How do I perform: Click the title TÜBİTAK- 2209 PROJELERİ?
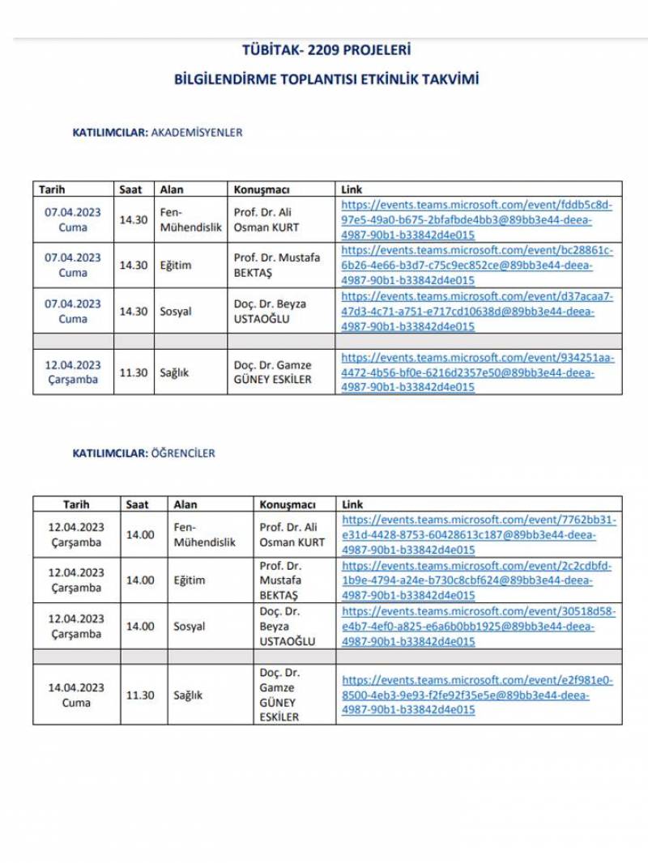click(x=326, y=50)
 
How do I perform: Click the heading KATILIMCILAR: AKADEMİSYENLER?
click(x=158, y=132)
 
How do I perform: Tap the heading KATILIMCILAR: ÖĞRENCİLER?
click(x=144, y=453)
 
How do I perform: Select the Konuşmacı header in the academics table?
click(x=261, y=189)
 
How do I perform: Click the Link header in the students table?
click(x=353, y=504)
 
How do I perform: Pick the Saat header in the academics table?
click(x=130, y=189)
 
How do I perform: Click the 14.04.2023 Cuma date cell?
click(x=76, y=695)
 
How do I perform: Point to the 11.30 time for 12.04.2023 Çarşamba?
click(x=134, y=373)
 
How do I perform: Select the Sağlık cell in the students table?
click(x=188, y=695)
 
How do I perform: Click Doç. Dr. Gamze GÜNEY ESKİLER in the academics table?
click(x=272, y=372)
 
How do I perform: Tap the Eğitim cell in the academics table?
click(x=176, y=265)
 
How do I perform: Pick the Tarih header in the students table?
click(x=76, y=504)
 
